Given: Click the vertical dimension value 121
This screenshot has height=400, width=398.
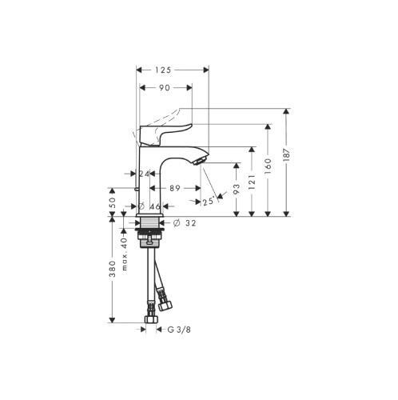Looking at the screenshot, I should pos(253,183).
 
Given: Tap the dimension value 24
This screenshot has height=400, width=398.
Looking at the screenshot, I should pos(145,174).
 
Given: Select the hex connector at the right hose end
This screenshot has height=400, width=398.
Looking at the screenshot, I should pos(166,305).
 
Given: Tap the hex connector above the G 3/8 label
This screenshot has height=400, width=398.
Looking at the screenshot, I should pos(150,321).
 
